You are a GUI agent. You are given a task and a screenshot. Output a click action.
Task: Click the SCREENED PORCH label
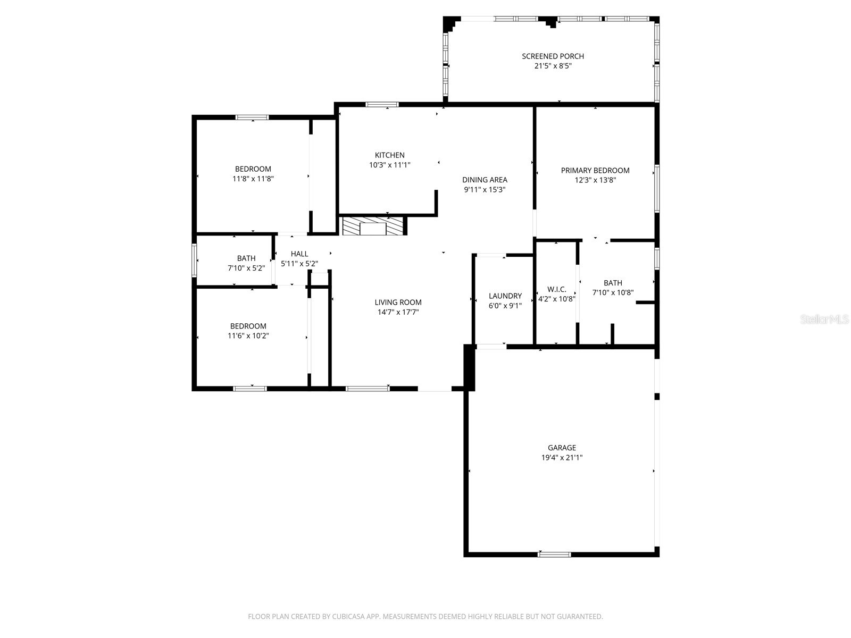553,56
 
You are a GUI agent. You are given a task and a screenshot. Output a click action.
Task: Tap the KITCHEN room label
389,155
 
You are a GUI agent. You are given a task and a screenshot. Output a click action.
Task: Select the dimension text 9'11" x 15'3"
485,189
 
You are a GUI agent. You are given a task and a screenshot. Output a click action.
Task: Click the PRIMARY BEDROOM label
595,171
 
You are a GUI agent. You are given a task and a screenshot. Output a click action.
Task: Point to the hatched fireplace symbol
372,226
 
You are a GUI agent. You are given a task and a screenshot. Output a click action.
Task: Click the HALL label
299,254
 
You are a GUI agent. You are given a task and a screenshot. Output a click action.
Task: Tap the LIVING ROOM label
398,303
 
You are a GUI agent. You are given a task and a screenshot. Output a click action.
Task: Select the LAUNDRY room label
505,296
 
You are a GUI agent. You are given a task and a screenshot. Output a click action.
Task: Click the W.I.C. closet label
556,289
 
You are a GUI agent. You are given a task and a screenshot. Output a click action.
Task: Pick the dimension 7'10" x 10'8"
613,292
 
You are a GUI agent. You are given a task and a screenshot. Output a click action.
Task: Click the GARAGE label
562,448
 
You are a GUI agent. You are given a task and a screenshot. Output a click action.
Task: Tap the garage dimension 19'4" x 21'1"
562,457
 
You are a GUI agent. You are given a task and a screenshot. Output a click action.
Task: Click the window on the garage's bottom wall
554,555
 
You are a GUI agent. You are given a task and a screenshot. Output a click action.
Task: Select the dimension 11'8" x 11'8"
253,179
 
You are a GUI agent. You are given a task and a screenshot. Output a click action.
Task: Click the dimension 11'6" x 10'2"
248,335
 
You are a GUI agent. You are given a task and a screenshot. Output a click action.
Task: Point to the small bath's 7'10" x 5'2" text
246,268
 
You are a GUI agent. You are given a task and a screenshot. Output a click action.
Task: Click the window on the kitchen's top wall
382,105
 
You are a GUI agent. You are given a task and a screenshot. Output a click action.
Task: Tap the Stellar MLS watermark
824,320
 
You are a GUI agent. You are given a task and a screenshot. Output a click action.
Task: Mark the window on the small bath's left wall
195,260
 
